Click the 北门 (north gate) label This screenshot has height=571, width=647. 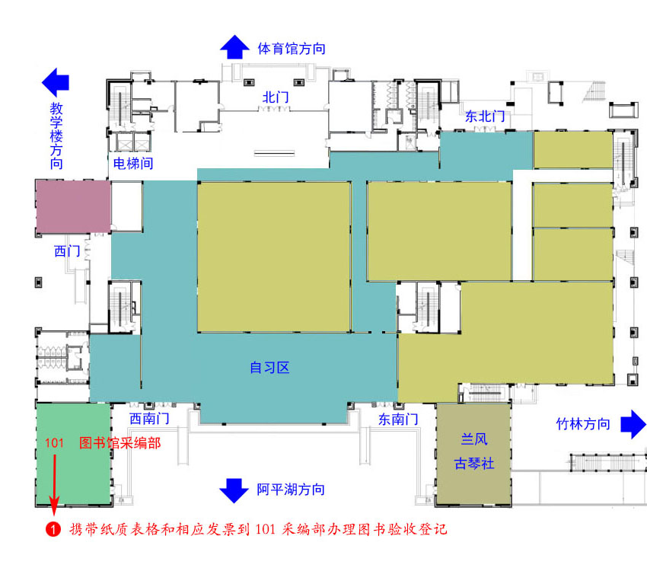(x=276, y=97)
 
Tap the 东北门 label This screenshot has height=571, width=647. (x=485, y=116)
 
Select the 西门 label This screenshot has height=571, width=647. (x=67, y=250)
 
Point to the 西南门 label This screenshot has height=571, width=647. (x=149, y=419)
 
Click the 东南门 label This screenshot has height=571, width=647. (x=398, y=419)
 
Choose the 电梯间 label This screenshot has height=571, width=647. (x=133, y=164)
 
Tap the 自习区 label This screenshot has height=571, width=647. (x=270, y=368)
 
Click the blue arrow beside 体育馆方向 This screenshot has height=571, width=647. (x=234, y=47)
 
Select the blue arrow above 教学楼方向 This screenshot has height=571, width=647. (x=56, y=80)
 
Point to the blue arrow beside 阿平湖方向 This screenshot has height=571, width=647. (x=234, y=490)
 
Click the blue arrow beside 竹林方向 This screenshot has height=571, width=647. (x=633, y=424)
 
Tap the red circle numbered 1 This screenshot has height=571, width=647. (x=53, y=529)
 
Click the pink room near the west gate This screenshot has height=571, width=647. (x=73, y=206)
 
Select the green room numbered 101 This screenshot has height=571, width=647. (x=73, y=454)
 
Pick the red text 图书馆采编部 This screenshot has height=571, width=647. (x=120, y=443)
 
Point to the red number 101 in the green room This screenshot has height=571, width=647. (x=54, y=443)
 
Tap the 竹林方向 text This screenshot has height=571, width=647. (x=583, y=424)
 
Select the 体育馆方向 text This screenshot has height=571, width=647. (x=292, y=49)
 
